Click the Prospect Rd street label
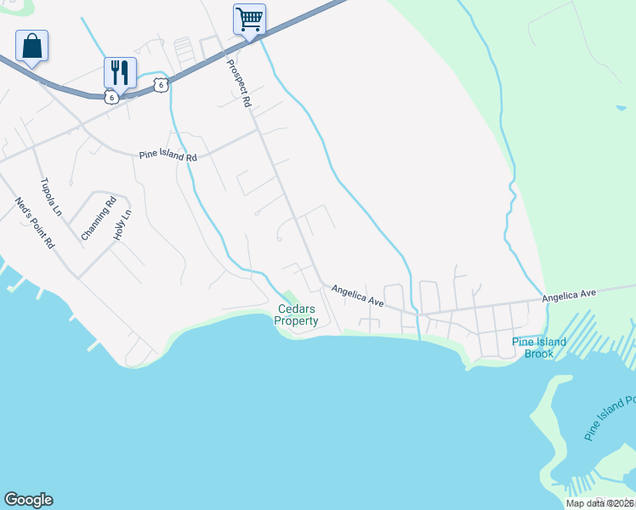[239, 83]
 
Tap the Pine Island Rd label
[168, 157]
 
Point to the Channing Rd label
[98, 219]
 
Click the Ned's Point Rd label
[35, 223]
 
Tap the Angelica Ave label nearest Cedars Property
[358, 296]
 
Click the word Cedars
[296, 309]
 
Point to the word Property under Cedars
[296, 320]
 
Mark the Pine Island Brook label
[538, 348]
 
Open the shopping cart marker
[249, 19]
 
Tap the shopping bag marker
[31, 46]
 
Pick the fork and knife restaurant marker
[120, 71]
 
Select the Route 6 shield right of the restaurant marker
[161, 84]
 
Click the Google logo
[28, 500]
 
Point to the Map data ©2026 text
[599, 503]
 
